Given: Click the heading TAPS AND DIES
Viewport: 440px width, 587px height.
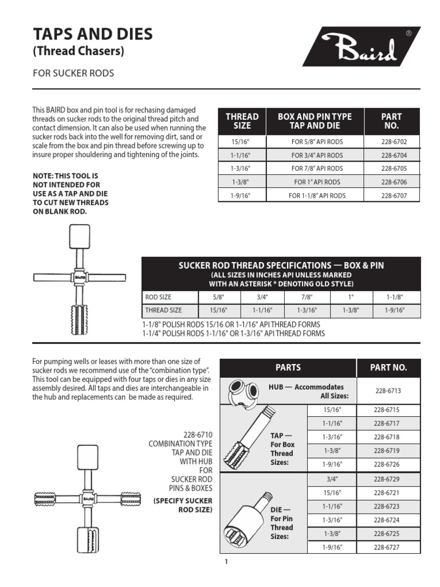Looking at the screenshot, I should [x=93, y=34].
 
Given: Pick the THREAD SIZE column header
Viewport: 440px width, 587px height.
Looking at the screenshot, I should [x=242, y=120].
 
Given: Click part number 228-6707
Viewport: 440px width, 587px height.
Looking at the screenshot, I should [x=392, y=195].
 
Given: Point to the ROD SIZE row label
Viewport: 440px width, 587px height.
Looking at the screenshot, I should [x=158, y=297].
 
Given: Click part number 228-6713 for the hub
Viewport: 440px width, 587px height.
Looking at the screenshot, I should [x=388, y=390].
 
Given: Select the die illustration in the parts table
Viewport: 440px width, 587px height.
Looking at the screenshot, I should [x=246, y=516].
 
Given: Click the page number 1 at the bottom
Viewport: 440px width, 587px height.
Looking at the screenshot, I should [x=226, y=562].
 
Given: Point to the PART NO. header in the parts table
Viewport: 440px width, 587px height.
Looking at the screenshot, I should [x=388, y=367].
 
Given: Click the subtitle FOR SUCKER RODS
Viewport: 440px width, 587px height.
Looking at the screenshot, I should [x=73, y=73].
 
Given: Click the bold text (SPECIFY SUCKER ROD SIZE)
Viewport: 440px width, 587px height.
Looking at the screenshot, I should [x=183, y=505].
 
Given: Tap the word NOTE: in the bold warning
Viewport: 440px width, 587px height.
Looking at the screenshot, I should [x=44, y=177].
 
